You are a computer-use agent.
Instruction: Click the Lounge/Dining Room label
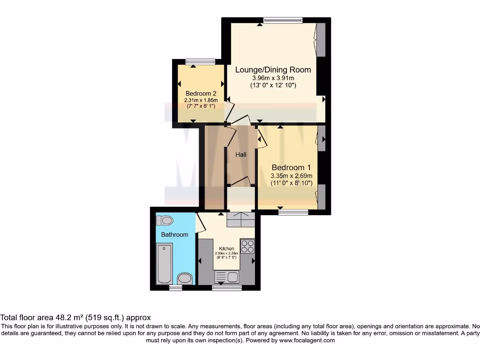(x=273, y=70)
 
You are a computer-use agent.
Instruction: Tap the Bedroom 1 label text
(x=291, y=167)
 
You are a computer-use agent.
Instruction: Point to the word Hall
(x=241, y=154)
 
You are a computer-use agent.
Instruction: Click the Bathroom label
(x=174, y=234)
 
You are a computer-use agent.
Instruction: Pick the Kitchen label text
(x=226, y=249)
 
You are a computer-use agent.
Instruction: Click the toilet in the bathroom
(x=165, y=220)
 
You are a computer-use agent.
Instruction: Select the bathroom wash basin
(x=186, y=278)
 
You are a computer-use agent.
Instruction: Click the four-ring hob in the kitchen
(x=247, y=247)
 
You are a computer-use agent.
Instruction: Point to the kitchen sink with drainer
(x=226, y=277)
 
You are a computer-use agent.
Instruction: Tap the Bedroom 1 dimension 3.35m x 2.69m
(x=291, y=176)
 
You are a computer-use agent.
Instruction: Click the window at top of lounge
(x=283, y=20)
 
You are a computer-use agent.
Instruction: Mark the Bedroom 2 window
(x=200, y=61)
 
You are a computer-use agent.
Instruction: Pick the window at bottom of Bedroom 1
(x=293, y=212)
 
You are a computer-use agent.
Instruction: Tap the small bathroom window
(x=175, y=287)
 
